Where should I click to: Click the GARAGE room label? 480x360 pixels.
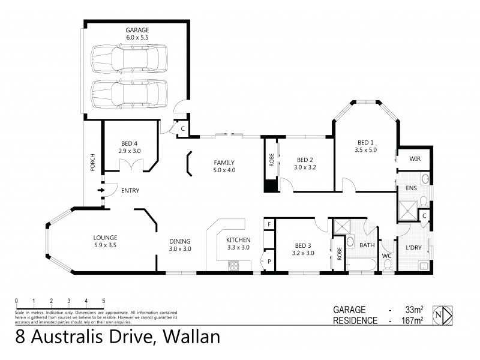point(137,34)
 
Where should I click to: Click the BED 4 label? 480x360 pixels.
point(130,147)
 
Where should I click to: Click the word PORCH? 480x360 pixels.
point(92,166)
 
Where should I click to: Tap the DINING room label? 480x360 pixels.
point(179,245)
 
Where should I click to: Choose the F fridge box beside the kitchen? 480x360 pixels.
point(269,224)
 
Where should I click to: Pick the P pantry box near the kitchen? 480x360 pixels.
point(269,262)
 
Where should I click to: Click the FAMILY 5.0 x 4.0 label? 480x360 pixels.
point(224,166)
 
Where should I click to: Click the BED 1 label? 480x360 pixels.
point(365,146)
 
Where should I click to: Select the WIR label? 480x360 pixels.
point(414,159)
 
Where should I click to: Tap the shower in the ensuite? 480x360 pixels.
point(408,212)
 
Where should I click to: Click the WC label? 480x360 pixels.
point(387,256)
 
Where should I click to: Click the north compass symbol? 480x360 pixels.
point(443,314)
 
